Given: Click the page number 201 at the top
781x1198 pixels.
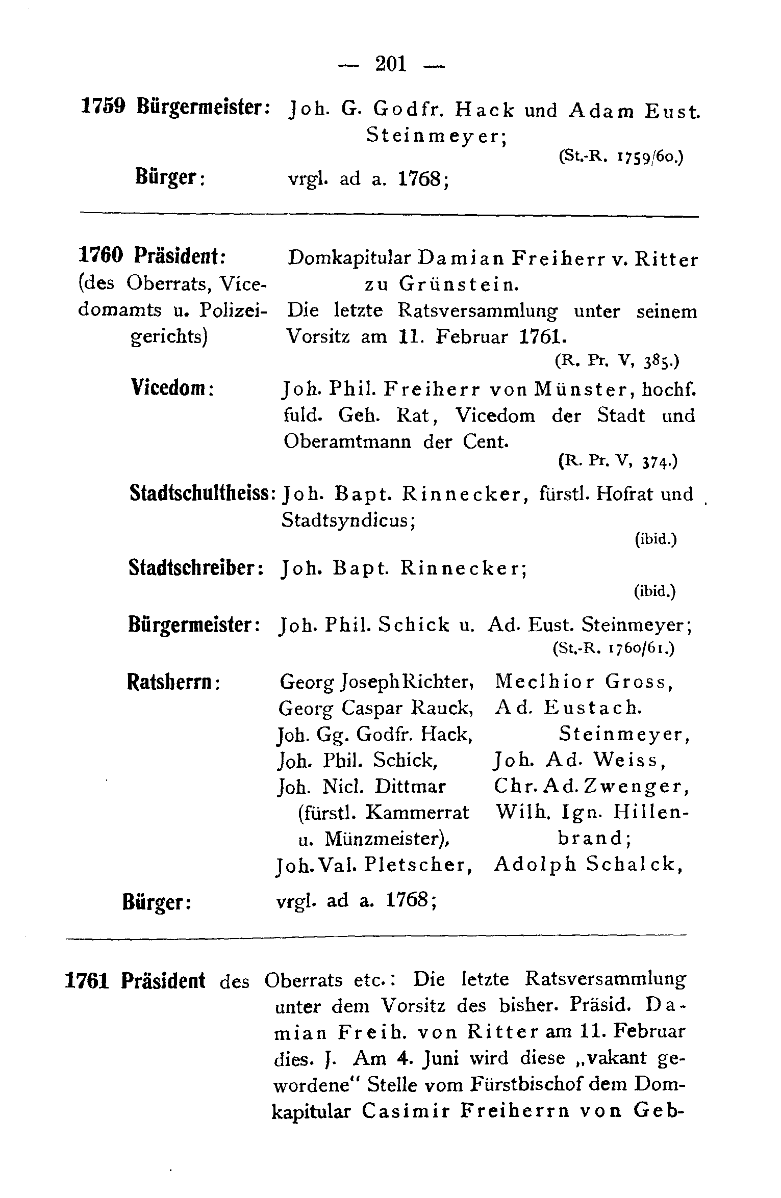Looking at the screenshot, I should point(390,65).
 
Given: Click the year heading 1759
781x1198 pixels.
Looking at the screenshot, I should point(104,108).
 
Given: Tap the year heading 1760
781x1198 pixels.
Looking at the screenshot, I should point(101,255).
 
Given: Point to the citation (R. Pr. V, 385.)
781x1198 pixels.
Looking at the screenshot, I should point(616,361).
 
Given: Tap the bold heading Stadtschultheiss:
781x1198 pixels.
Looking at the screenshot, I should point(203,492).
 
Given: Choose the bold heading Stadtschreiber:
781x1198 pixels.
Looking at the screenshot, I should point(196,567).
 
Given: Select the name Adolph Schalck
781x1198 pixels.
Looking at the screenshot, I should point(589,864).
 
